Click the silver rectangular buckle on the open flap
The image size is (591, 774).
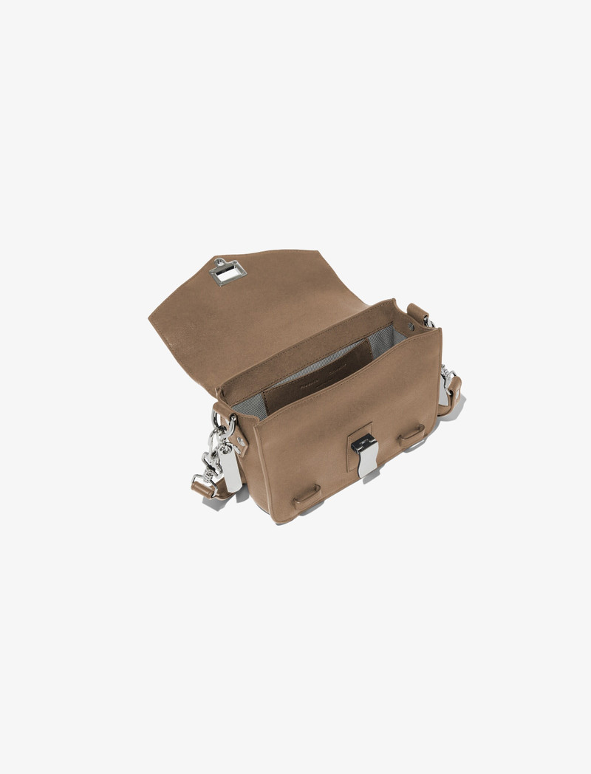(x=228, y=273)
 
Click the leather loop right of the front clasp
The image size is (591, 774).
(x=411, y=436)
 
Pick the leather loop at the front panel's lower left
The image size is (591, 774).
(x=307, y=497)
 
